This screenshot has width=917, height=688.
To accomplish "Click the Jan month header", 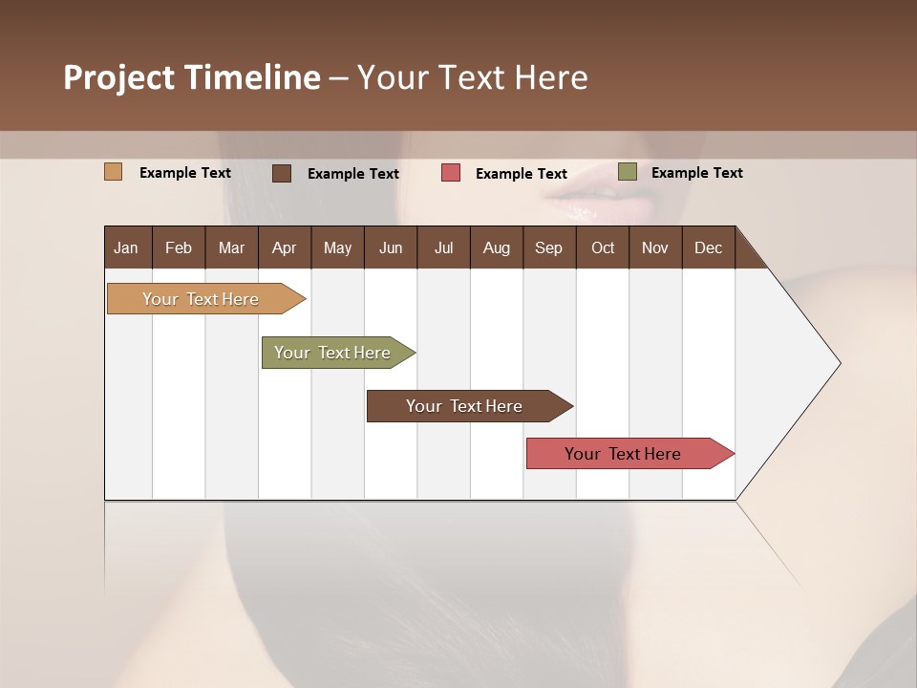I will point(127,247).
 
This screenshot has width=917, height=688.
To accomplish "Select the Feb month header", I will point(179,247).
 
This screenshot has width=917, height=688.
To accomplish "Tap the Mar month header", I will point(231,247).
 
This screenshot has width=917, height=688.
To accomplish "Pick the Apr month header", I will point(285,247).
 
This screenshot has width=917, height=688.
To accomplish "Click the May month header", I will point(337,247).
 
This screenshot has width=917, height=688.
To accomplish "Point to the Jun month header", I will point(391,247).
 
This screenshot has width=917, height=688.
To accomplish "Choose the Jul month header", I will point(443,247).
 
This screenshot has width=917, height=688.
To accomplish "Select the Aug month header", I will point(497,247).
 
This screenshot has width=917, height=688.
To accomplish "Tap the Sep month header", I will point(549,247).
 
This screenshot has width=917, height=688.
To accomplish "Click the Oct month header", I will point(603,247).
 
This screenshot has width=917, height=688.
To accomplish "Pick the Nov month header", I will point(655,247).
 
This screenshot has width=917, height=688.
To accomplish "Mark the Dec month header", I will point(709,247).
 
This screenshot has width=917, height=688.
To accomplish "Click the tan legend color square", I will point(114,172).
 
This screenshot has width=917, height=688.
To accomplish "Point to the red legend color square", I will point(451,173).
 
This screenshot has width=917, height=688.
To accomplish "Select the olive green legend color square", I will point(628,172).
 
